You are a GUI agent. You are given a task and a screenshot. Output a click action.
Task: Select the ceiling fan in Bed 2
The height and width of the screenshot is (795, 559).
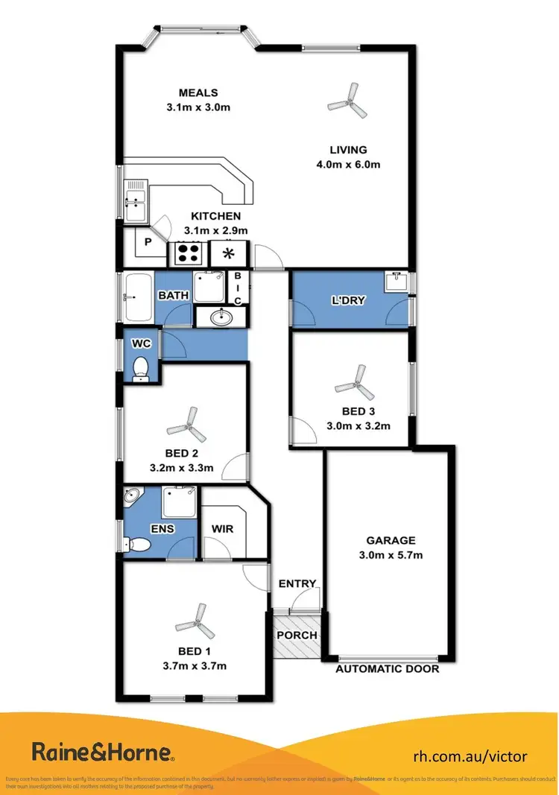[186, 425]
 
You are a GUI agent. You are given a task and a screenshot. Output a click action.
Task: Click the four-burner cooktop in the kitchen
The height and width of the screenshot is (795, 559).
[189, 254]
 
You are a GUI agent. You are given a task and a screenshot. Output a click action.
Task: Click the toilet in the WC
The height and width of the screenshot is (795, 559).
[140, 369]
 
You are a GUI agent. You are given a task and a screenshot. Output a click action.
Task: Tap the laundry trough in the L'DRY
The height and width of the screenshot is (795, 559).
[395, 282]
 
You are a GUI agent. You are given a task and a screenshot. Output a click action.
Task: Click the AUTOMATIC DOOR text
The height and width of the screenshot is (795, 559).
[387, 669]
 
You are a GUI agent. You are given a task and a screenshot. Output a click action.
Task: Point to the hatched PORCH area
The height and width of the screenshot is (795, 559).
[297, 636]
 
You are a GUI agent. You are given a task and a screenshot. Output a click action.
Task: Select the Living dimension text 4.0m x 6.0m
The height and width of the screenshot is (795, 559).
[348, 164]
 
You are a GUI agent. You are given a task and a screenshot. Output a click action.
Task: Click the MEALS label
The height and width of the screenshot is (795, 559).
[198, 93]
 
